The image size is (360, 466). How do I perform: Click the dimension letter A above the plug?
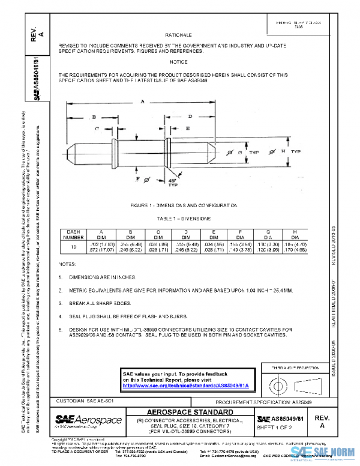(142, 103)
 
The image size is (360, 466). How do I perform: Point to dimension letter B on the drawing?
(94, 117)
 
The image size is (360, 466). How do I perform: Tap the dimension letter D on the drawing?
(190, 116)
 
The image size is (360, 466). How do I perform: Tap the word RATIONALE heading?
(178, 35)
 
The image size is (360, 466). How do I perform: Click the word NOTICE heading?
(178, 62)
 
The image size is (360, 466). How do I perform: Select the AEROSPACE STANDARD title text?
(190, 413)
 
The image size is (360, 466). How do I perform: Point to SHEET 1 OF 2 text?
(273, 426)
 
